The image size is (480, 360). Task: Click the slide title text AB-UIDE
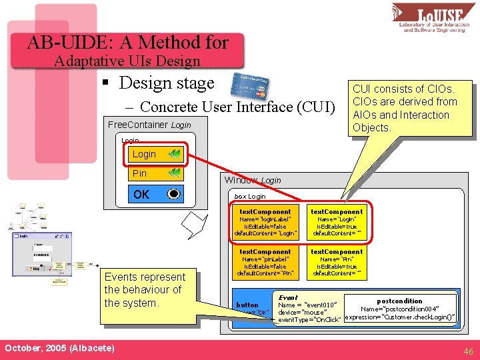click(x=128, y=43)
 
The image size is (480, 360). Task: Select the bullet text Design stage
click(x=166, y=83)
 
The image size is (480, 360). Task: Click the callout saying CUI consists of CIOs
click(x=404, y=108)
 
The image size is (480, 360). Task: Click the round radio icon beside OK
click(x=173, y=195)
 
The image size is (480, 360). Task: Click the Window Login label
click(x=253, y=180)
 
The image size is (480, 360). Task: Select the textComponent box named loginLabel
click(x=265, y=222)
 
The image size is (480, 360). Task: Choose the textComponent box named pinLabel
click(x=265, y=262)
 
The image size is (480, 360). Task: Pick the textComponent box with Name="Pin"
click(x=337, y=262)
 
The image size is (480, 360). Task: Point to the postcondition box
click(x=400, y=309)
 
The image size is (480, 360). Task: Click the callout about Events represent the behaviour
click(x=145, y=290)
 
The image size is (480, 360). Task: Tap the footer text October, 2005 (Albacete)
click(x=59, y=349)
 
